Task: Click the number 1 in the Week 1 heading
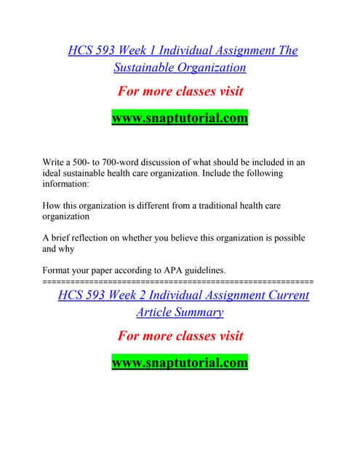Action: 144,51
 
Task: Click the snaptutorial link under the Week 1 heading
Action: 180,118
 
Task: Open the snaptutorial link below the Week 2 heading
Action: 180,362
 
